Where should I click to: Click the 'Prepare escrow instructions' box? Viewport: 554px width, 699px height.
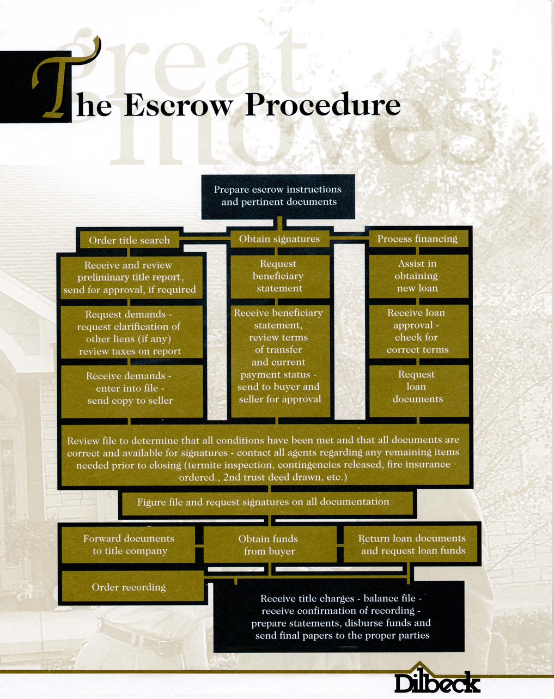pyautogui.click(x=278, y=196)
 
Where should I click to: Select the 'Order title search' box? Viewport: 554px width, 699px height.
pyautogui.click(x=129, y=240)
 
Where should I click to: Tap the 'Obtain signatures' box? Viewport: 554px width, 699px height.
pyautogui.click(x=279, y=239)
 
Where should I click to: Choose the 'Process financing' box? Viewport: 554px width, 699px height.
pyautogui.click(x=417, y=239)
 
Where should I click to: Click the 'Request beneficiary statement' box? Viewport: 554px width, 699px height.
pyautogui.click(x=279, y=276)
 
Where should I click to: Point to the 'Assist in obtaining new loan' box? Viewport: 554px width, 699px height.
pyautogui.click(x=417, y=276)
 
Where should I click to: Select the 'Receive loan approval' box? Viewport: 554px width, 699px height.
pyautogui.click(x=417, y=331)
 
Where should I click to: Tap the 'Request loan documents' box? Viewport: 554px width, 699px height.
pyautogui.click(x=417, y=387)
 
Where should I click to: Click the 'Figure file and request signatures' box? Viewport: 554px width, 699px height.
pyautogui.click(x=264, y=502)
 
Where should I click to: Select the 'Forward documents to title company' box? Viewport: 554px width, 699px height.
pyautogui.click(x=129, y=545)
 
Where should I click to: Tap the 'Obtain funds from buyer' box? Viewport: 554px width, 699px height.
pyautogui.click(x=269, y=545)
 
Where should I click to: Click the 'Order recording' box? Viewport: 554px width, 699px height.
pyautogui.click(x=129, y=587)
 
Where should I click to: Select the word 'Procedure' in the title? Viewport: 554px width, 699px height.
pyautogui.click(x=322, y=105)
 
